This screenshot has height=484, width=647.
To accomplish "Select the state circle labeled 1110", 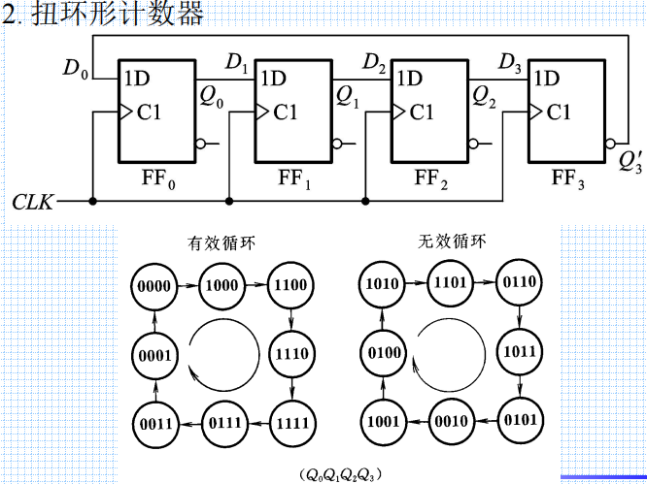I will [x=291, y=353].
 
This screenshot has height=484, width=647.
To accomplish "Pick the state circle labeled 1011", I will [x=522, y=353].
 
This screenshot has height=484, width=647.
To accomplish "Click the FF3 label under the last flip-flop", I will [x=567, y=178].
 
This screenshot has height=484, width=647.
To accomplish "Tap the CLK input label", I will [x=33, y=202].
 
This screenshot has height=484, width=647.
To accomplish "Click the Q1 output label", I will [x=347, y=96].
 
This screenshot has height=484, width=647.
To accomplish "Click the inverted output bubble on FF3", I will [x=609, y=145].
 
